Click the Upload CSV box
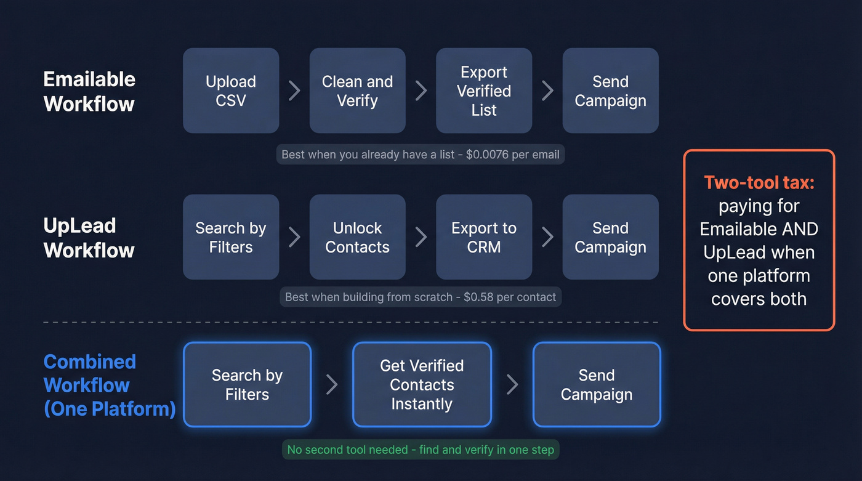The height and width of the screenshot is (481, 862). pyautogui.click(x=231, y=91)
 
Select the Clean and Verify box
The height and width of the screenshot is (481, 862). pyautogui.click(x=357, y=91)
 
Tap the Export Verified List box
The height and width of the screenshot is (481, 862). pyautogui.click(x=484, y=91)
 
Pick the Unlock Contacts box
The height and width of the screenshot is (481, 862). pyautogui.click(x=357, y=237)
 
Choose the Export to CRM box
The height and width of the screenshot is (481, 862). pyautogui.click(x=484, y=237)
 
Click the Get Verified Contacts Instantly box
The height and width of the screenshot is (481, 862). pyautogui.click(x=422, y=385)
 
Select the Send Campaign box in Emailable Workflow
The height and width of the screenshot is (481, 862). pyautogui.click(x=610, y=91)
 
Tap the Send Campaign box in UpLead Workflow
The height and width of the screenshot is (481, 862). pyautogui.click(x=610, y=237)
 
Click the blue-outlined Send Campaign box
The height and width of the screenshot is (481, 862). pyautogui.click(x=597, y=385)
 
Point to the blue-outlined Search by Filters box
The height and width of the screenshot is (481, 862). pyautogui.click(x=247, y=385)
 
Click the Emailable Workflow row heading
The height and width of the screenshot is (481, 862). pyautogui.click(x=89, y=91)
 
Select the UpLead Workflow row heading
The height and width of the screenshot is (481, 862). pyautogui.click(x=89, y=238)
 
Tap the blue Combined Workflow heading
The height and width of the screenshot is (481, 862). pyautogui.click(x=109, y=385)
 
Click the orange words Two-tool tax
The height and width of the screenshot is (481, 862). pyautogui.click(x=759, y=182)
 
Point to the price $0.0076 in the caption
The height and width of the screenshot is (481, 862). pyautogui.click(x=491, y=154)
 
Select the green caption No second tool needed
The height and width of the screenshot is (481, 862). pyautogui.click(x=421, y=450)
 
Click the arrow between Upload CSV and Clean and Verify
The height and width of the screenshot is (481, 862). pyautogui.click(x=294, y=91)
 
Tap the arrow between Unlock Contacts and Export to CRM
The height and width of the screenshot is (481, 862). pyautogui.click(x=421, y=237)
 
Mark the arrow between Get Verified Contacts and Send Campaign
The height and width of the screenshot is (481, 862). pyautogui.click(x=512, y=385)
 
